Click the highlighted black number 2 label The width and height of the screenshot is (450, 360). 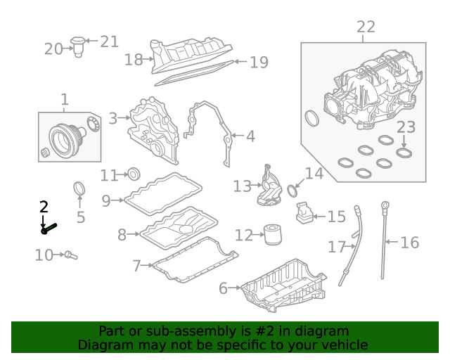[x=44, y=207]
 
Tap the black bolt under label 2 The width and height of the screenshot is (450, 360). [x=49, y=228]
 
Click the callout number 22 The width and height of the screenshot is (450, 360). [x=366, y=27]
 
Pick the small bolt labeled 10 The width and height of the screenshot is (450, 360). [x=70, y=256]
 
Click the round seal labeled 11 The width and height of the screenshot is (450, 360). [x=134, y=174]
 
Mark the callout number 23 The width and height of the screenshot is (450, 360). [x=406, y=127]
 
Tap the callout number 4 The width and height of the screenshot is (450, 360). [x=250, y=136]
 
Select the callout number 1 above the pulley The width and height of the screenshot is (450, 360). [x=65, y=100]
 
